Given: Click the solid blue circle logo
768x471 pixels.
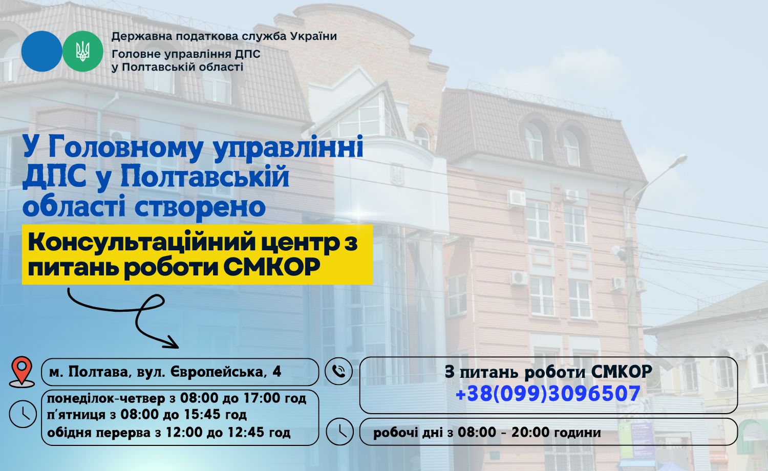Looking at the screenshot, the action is (41, 51).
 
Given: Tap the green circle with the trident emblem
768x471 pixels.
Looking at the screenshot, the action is (82, 51).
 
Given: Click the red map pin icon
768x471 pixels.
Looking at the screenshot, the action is (22, 372).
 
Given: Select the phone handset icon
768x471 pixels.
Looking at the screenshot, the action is (338, 371).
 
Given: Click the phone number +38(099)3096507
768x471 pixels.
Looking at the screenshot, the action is (548, 393).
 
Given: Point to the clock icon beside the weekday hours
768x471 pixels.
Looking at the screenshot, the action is (23, 414).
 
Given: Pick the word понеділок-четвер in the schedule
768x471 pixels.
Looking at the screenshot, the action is (106, 398).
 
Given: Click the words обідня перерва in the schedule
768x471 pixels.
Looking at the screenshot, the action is (99, 433).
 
